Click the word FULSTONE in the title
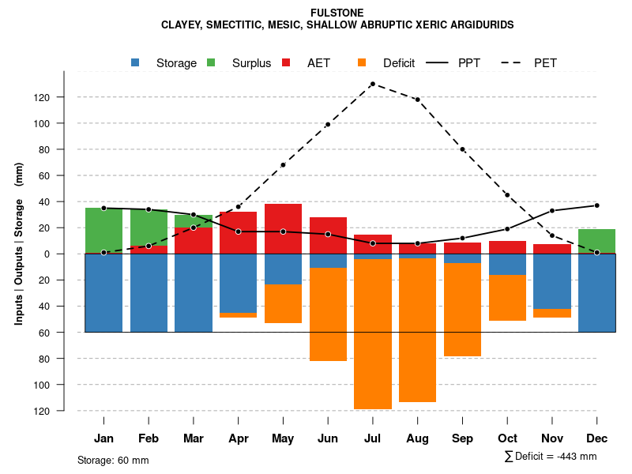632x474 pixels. pyautogui.click(x=337, y=13)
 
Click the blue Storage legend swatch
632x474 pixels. pyautogui.click(x=137, y=63)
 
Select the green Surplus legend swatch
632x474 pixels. pyautogui.click(x=211, y=63)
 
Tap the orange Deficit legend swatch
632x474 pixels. pyautogui.click(x=362, y=63)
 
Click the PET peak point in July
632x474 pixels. pyautogui.click(x=372, y=84)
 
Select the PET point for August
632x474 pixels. pyautogui.click(x=417, y=100)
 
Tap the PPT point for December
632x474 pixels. pyautogui.click(x=596, y=205)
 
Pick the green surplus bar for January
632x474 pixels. pyautogui.click(x=103, y=230)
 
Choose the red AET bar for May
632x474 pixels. pyautogui.click(x=283, y=228)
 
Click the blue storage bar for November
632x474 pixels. pyautogui.click(x=552, y=281)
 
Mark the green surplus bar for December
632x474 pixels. pyautogui.click(x=596, y=240)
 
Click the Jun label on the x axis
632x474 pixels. pyautogui.click(x=327, y=438)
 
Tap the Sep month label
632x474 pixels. pyautogui.click(x=462, y=438)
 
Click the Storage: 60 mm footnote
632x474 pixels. pyautogui.click(x=113, y=460)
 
